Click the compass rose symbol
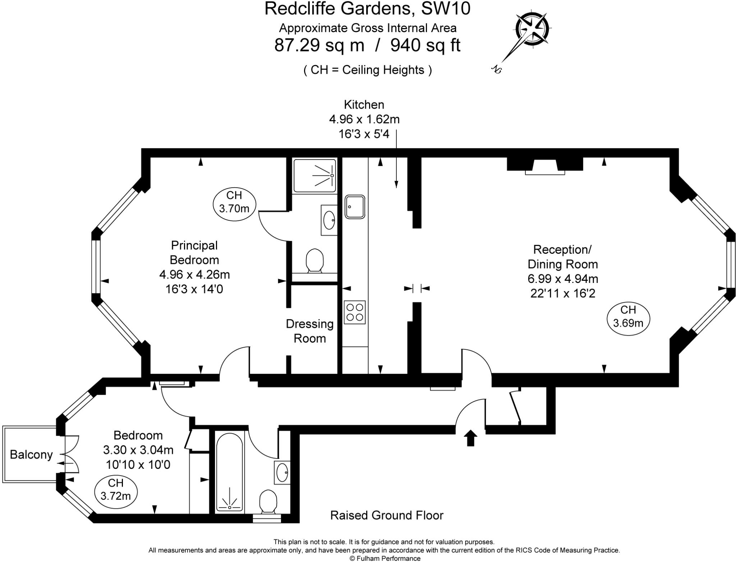coord(532,29)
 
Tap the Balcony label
coord(31,454)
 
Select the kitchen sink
coord(355,207)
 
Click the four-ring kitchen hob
coord(355,312)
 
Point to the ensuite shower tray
coord(315,176)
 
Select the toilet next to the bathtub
coord(268,501)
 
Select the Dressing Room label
coord(310,331)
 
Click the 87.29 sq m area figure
coord(319,46)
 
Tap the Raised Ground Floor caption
coord(387,515)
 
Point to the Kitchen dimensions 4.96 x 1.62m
coord(364,119)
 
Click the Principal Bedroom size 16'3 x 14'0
coord(194,289)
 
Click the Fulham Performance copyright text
coord(385,558)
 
